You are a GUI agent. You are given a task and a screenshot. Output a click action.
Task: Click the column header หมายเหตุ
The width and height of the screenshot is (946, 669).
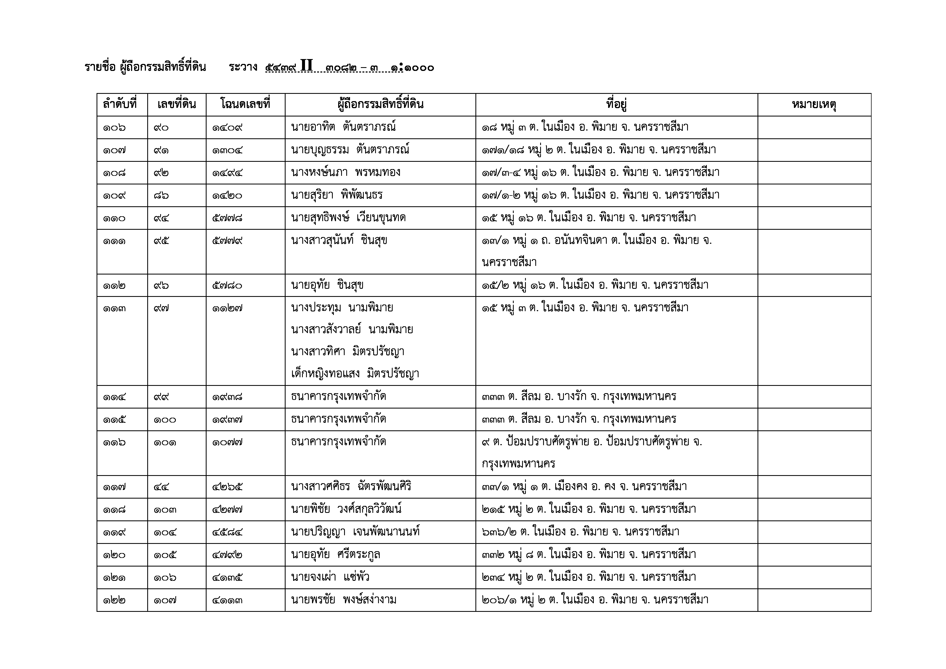[x=814, y=105]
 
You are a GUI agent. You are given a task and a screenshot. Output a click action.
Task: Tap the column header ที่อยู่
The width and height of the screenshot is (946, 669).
[x=616, y=105]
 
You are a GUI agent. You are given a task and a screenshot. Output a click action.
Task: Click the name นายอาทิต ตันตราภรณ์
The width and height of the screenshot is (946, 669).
[x=343, y=127]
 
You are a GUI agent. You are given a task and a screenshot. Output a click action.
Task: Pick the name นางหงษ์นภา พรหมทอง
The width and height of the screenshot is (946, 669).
[x=345, y=172]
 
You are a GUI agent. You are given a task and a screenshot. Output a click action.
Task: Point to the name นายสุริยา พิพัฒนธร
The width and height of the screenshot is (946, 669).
[x=337, y=195]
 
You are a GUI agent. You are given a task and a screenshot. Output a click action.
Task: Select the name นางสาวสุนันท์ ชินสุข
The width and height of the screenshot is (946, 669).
[x=339, y=240]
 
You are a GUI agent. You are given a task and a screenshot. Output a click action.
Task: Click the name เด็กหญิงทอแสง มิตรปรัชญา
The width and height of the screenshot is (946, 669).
[x=355, y=374]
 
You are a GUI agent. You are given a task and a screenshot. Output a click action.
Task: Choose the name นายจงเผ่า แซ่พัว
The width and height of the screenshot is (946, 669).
[x=330, y=577]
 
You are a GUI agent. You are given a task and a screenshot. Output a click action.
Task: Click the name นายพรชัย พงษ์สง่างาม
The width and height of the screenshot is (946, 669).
[x=344, y=599]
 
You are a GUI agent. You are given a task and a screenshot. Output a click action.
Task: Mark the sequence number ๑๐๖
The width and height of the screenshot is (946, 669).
[x=114, y=128]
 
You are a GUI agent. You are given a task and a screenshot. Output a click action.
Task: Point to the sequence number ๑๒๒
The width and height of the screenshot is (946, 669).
[x=114, y=600]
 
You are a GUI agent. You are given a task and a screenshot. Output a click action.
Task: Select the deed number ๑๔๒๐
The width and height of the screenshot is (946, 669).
[x=227, y=195]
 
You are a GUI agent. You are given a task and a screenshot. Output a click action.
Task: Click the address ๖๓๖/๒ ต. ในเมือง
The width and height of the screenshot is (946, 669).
[x=580, y=532]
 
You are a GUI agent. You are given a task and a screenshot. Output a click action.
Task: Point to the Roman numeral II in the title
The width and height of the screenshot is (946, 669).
[x=307, y=66]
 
